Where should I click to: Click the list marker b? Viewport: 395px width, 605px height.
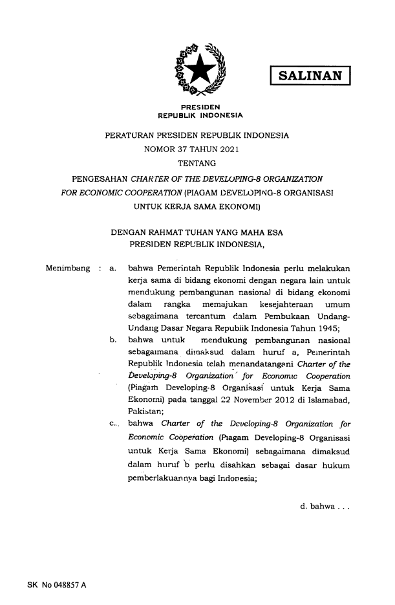pyautogui.click(x=113, y=338)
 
